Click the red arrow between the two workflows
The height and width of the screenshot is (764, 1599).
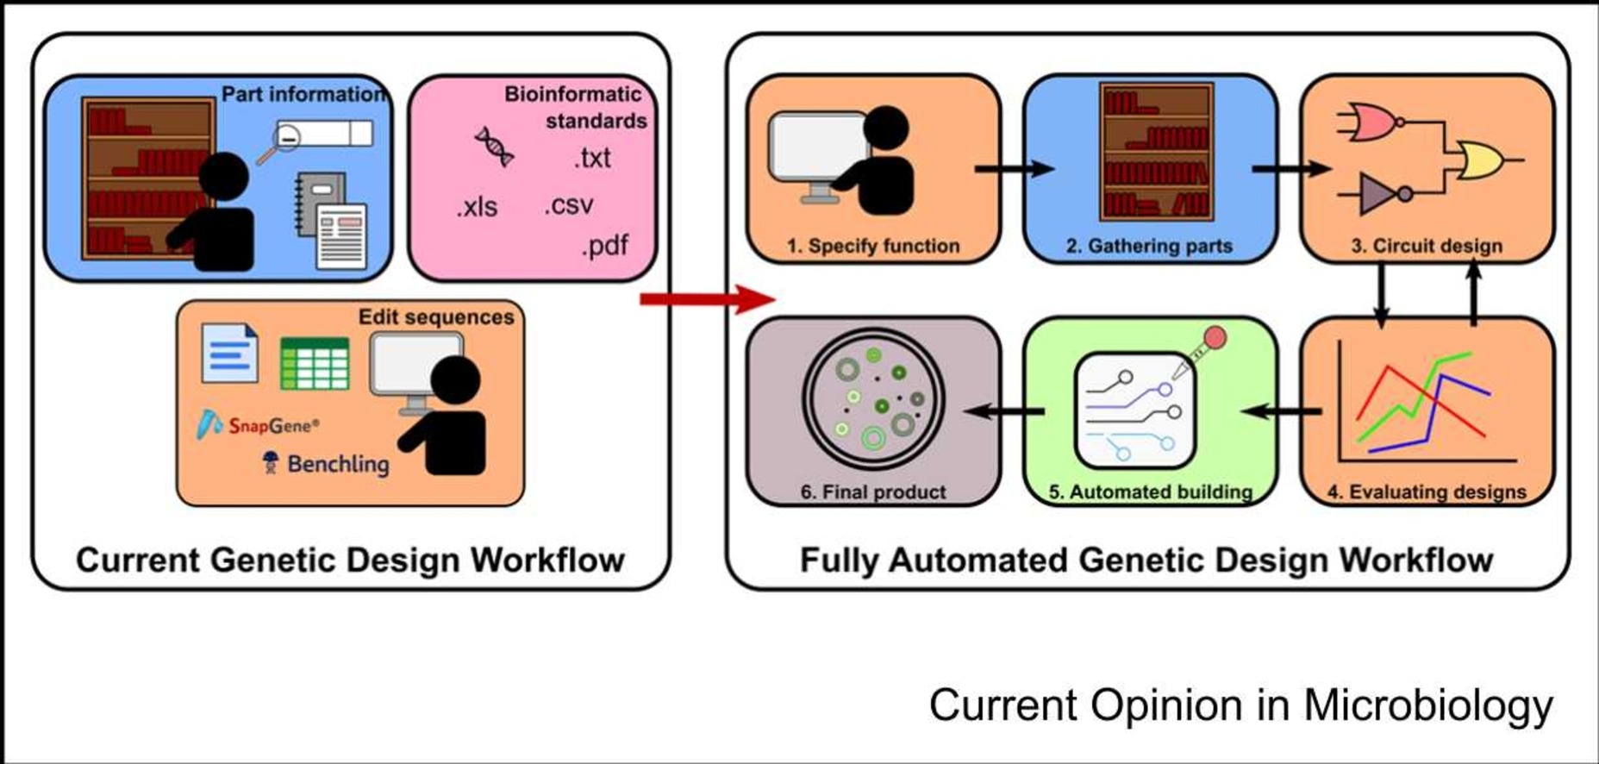tap(708, 299)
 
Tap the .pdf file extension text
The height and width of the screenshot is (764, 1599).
tap(604, 247)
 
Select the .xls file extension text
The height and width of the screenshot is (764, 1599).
tap(477, 207)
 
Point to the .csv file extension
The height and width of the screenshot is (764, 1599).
tap(569, 205)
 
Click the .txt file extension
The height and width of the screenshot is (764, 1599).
tap(592, 158)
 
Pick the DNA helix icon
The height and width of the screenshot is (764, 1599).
tap(495, 146)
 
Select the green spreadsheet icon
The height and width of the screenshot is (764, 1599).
tap(315, 363)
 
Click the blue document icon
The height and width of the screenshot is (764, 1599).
tap(229, 353)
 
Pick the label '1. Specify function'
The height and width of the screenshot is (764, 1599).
tap(872, 246)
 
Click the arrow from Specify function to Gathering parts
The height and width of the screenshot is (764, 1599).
tap(1015, 169)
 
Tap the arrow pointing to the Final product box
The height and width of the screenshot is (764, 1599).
tap(1004, 411)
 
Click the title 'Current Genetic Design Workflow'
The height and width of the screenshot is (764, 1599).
tap(350, 560)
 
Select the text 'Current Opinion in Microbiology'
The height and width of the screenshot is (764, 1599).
tap(1241, 705)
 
